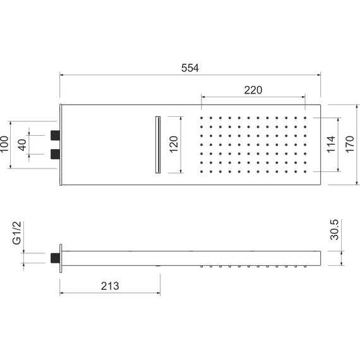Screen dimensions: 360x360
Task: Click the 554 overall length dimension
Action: (x=189, y=67)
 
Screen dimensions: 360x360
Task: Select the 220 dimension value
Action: (x=253, y=90)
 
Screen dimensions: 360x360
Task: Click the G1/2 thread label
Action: (x=17, y=233)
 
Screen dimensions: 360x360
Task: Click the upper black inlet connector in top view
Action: (x=55, y=134)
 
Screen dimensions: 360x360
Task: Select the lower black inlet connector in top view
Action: (x=55, y=154)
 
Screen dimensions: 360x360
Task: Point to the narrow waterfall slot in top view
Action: (x=157, y=144)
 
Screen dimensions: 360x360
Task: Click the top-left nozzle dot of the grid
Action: (x=202, y=118)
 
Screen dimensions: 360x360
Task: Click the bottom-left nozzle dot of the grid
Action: (x=202, y=171)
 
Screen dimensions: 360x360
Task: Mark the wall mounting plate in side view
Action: (x=61, y=258)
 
